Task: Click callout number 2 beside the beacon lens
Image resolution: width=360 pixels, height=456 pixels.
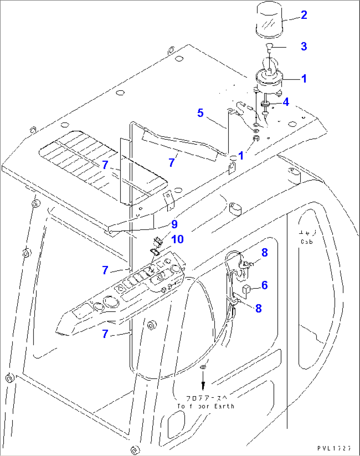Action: [x=304, y=15]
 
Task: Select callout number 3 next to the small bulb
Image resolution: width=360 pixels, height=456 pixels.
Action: [x=304, y=46]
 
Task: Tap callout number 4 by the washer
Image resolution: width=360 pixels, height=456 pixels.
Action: [x=286, y=102]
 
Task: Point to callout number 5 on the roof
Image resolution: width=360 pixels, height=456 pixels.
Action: [x=200, y=113]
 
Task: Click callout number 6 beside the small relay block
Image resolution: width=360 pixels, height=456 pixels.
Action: [x=265, y=285]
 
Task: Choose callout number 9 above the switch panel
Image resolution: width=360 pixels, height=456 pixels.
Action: [x=174, y=224]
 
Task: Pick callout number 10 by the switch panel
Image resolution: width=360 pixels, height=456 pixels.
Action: [x=177, y=239]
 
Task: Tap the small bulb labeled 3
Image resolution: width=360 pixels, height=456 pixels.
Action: [x=270, y=47]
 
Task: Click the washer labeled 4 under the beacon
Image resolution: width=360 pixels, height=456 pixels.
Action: [x=266, y=105]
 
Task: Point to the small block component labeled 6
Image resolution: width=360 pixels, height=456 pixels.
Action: [x=246, y=289]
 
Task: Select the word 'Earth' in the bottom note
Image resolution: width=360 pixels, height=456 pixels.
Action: [x=224, y=406]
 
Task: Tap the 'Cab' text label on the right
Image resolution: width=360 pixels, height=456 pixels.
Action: [x=307, y=242]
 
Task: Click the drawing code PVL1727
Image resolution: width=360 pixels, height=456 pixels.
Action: [x=334, y=448]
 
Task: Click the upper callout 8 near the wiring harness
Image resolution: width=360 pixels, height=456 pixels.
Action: [x=265, y=253]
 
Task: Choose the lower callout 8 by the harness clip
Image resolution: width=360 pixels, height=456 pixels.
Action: [x=259, y=309]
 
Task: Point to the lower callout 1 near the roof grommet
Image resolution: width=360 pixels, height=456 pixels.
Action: [x=241, y=156]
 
